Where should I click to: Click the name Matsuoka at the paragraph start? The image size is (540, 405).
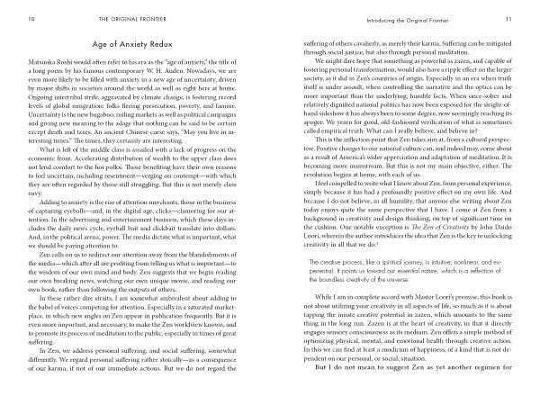click(x=34, y=66)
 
